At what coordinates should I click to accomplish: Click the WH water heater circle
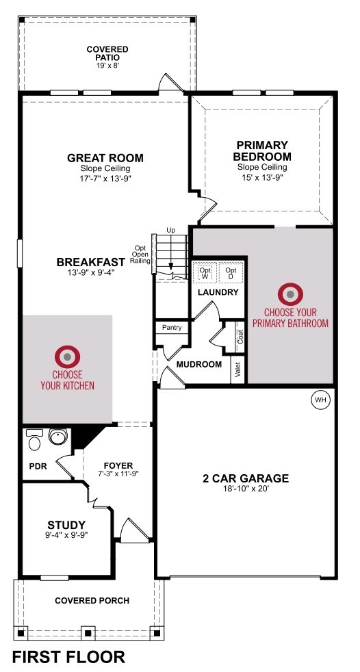coord(320,400)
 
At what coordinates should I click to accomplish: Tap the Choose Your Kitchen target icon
coord(67,357)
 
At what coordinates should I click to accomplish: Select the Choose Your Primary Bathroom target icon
coord(291,294)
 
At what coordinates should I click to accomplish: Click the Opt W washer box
coord(205,274)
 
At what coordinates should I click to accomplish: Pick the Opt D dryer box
coord(231,274)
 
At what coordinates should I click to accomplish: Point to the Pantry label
coord(172,328)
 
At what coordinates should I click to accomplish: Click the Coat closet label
coord(240,337)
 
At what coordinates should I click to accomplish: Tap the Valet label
coord(238,371)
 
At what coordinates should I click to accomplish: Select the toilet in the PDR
coord(34,440)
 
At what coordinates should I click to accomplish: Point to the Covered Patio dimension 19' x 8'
coord(107,65)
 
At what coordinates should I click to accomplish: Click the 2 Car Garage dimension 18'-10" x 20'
coord(246,487)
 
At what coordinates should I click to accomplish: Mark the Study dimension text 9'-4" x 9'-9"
coord(66,534)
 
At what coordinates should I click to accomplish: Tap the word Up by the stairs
coord(170,231)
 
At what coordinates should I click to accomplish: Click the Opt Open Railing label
coord(140,254)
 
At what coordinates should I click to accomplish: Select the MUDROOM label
coord(199,365)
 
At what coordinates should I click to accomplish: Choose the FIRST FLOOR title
coord(68,656)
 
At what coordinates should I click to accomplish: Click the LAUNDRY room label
coord(218,293)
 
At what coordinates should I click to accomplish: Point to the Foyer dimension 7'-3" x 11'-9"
coord(118,474)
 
